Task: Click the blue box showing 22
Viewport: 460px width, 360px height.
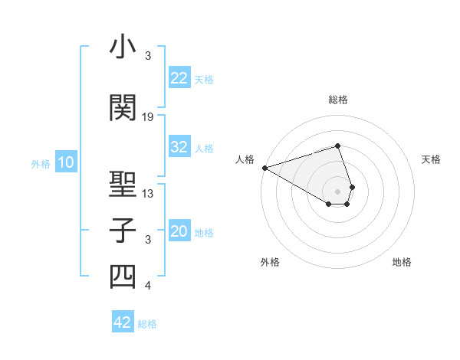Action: pos(179,77)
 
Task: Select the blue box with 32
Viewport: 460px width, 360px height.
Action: pos(179,147)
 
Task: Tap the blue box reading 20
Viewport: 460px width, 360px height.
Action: pos(179,232)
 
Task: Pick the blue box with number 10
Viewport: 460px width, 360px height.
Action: pos(65,162)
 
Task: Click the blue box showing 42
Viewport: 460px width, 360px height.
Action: pos(123,322)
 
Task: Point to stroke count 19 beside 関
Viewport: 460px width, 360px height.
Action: pos(148,117)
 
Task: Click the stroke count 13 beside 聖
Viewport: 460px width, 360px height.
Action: pos(148,194)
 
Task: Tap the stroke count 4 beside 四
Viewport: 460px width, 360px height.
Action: pos(148,286)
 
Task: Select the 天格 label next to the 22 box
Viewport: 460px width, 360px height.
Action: pos(204,79)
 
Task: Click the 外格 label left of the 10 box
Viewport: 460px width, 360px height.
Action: pos(41,163)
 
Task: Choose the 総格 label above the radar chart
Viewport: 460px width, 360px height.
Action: pos(338,100)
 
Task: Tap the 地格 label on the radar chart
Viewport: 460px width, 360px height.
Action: pos(402,262)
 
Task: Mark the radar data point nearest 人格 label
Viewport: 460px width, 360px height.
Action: pos(264,167)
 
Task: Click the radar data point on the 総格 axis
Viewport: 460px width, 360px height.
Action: pos(338,146)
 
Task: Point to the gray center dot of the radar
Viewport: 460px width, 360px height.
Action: pos(338,191)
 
